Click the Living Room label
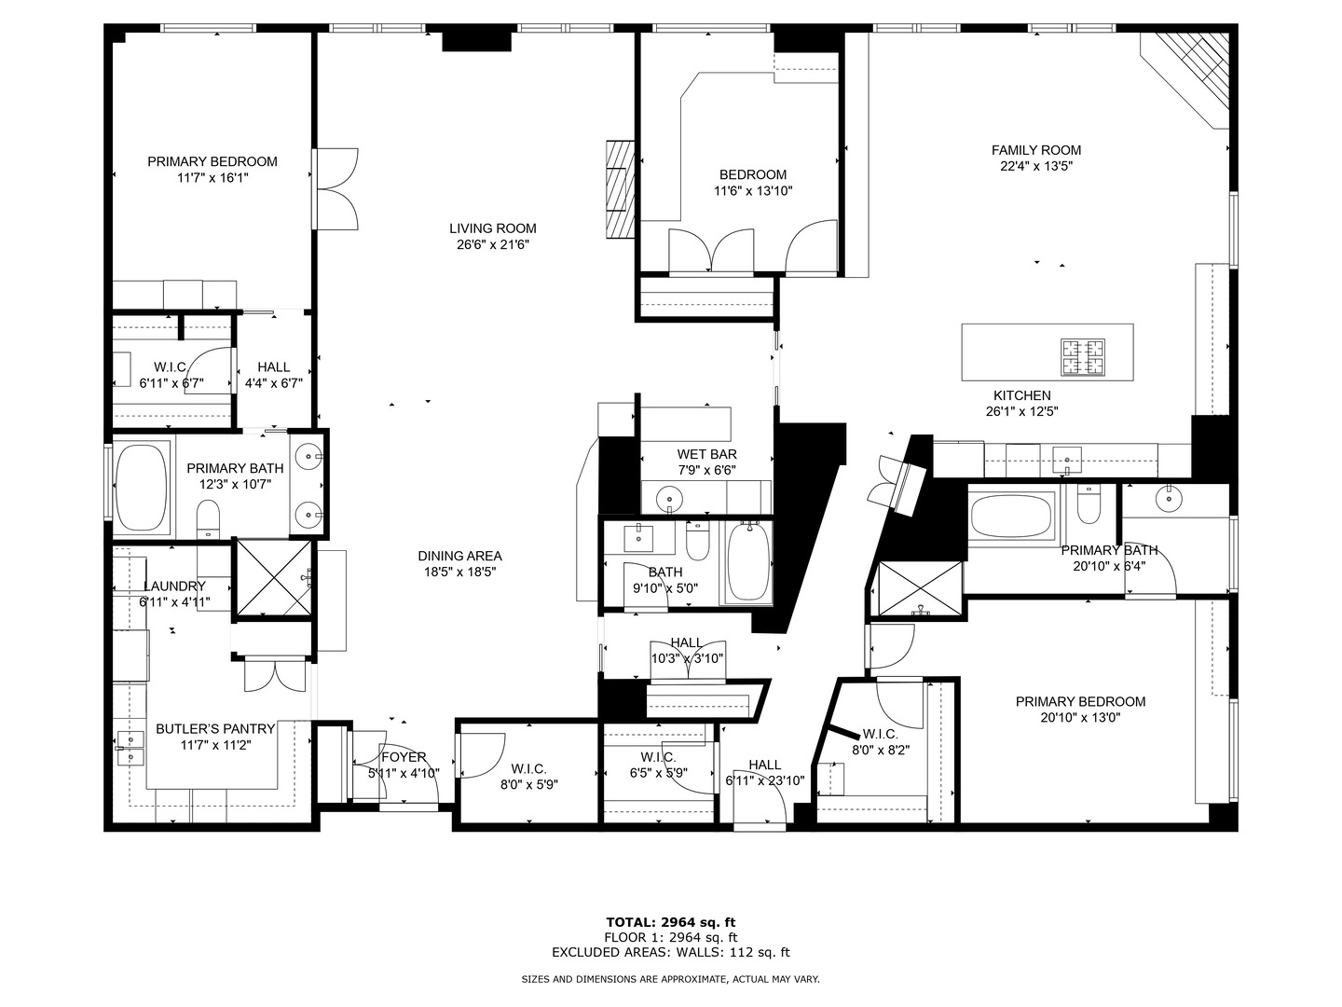coord(492,228)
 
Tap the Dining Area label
coord(459,556)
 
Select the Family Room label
coord(1035,150)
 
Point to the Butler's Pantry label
coord(215,729)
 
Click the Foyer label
coord(403,757)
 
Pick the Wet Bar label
coord(706,454)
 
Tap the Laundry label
coord(174,586)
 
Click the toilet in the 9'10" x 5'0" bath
coord(698,539)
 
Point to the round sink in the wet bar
coord(669,500)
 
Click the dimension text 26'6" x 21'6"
coord(492,245)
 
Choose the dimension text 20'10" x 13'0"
coord(1080,718)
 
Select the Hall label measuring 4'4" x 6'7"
coord(273,367)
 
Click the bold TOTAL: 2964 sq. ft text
coord(670,922)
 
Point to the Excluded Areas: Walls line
coord(670,952)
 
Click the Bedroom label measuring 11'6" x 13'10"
coord(752,174)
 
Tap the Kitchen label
coord(1021,395)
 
